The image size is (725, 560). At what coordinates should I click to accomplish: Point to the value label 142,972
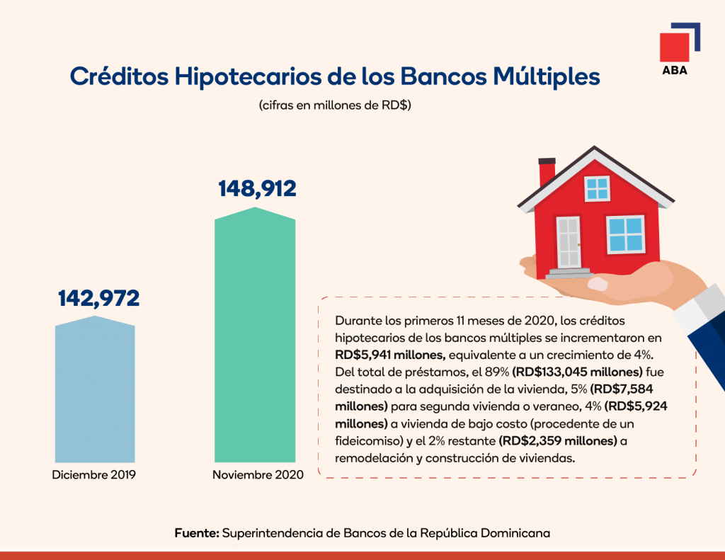click(x=98, y=298)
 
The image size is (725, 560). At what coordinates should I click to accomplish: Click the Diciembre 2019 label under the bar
click(x=94, y=474)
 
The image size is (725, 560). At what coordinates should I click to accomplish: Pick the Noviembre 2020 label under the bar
click(x=258, y=474)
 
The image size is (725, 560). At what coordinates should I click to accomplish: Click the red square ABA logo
click(x=674, y=47)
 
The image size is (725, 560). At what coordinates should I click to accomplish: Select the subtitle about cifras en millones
click(x=335, y=106)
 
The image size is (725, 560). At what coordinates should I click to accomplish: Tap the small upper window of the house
click(x=597, y=188)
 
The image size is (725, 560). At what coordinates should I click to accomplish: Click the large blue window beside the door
click(x=627, y=234)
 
